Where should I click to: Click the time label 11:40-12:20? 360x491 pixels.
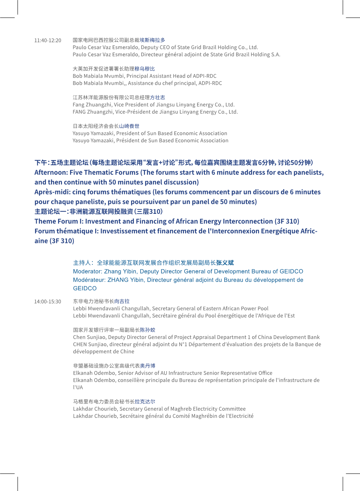click(48, 40)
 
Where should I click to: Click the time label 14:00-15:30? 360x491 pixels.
click(48, 301)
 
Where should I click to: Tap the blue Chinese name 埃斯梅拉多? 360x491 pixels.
click(152, 40)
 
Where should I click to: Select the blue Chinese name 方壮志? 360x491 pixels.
click(157, 98)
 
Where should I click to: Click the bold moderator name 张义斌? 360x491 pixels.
click(225, 263)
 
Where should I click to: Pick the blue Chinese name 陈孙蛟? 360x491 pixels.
click(147, 330)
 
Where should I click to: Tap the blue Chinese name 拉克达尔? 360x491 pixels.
click(145, 402)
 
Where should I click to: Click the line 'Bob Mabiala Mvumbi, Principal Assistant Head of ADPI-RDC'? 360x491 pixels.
click(145, 76)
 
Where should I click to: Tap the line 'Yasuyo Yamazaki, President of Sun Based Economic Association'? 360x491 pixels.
click(150, 133)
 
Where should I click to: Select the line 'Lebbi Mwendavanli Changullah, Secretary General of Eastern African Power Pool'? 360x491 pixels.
click(170, 309)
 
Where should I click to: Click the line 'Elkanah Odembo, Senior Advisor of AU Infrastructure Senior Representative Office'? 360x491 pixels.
click(172, 373)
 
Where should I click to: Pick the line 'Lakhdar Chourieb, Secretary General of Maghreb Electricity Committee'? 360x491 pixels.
click(159, 409)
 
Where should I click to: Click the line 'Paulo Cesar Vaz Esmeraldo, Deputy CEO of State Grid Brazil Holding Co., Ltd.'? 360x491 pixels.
click(165, 47)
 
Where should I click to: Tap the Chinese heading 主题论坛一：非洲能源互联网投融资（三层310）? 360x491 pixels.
click(98, 211)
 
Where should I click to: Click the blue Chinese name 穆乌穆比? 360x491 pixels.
click(145, 69)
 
